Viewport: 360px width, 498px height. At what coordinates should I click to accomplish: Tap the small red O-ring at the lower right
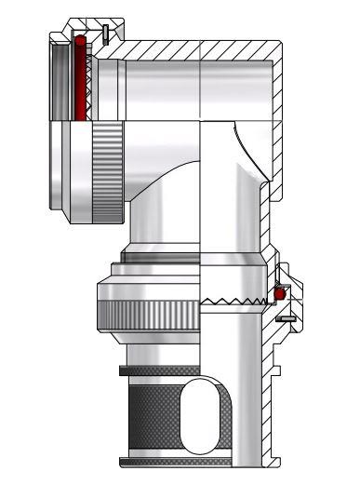[x=278, y=293]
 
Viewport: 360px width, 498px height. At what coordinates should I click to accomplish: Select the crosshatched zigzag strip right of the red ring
[x=90, y=79]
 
